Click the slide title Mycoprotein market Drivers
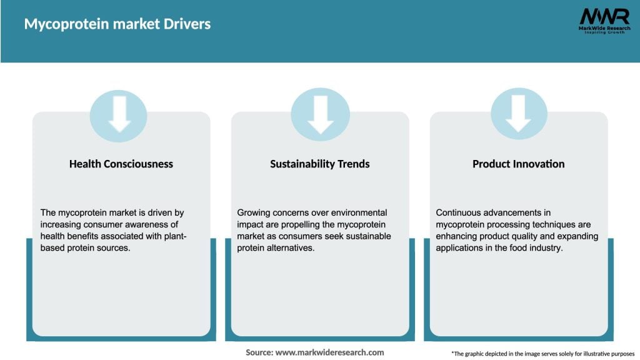[x=117, y=24]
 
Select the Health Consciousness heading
[x=121, y=164]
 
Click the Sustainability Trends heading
[x=320, y=164]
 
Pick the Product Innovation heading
[x=518, y=164]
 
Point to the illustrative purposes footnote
[x=542, y=354]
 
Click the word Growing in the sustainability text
[x=255, y=212]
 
